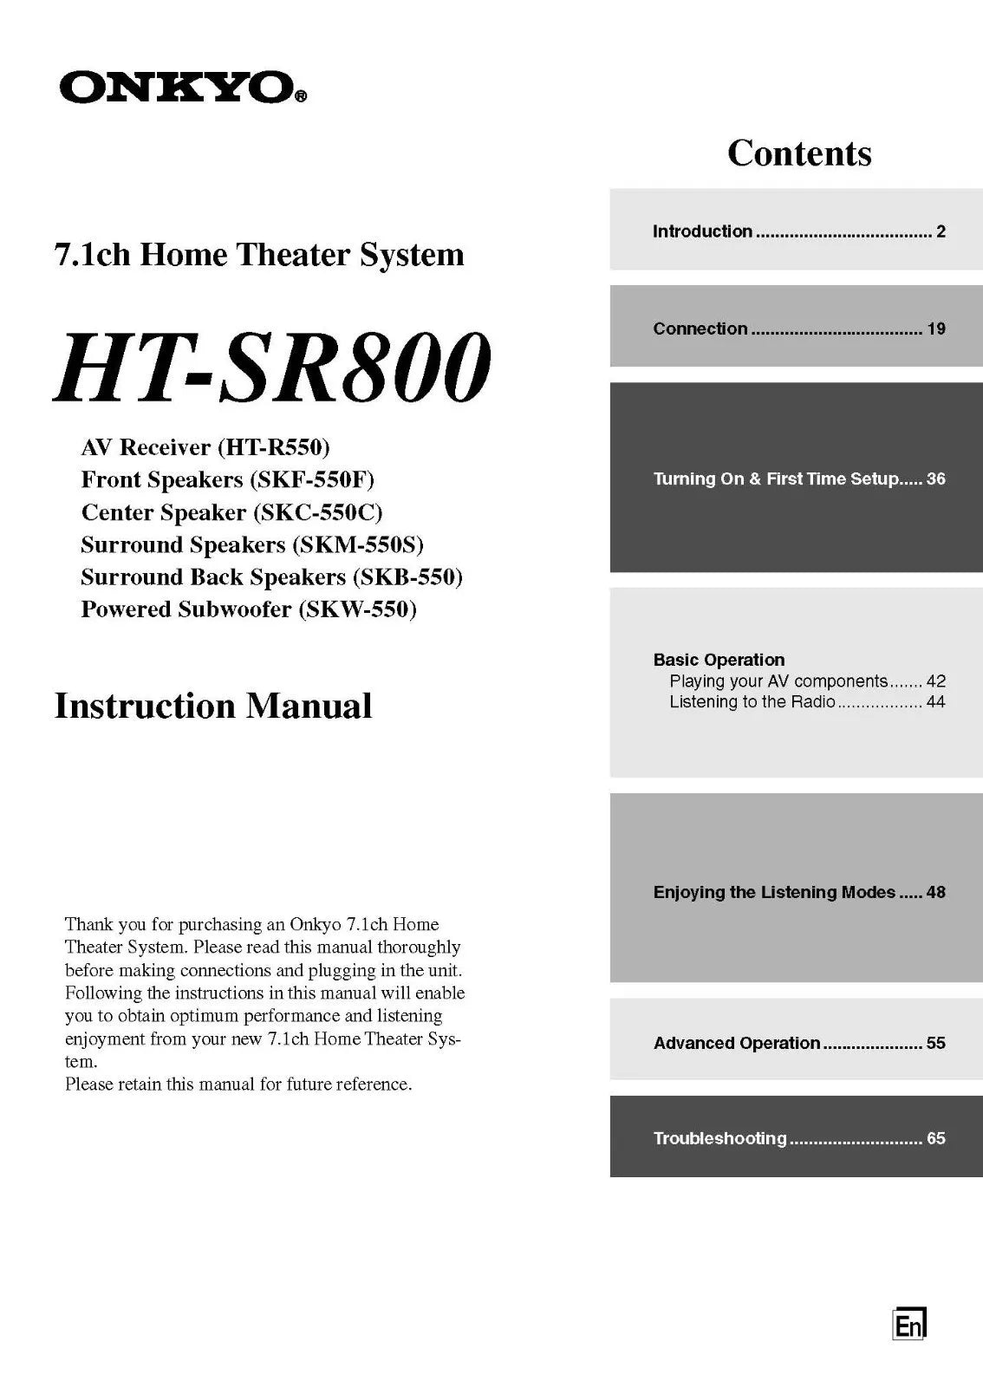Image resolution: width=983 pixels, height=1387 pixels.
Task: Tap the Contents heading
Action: (x=798, y=153)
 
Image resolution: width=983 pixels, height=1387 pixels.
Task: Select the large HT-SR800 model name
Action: (x=272, y=368)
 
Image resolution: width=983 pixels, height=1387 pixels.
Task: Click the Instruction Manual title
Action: (x=213, y=706)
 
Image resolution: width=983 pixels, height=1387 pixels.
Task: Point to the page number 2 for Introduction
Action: (x=941, y=231)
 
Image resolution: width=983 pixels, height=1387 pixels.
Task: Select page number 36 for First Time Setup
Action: (x=935, y=479)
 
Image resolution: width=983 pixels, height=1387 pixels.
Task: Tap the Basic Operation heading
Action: (x=719, y=660)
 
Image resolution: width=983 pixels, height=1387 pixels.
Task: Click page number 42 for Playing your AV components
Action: (x=935, y=681)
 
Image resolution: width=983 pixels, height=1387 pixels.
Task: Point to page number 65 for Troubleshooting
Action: (x=935, y=1138)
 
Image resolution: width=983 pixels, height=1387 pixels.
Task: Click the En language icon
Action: (x=909, y=1324)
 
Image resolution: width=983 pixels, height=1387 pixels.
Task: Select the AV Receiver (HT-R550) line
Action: (x=205, y=447)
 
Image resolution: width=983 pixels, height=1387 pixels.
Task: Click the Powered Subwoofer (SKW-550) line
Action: (x=249, y=609)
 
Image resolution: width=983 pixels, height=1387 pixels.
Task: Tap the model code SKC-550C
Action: (x=318, y=512)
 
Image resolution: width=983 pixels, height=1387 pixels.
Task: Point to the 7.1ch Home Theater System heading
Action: (x=259, y=255)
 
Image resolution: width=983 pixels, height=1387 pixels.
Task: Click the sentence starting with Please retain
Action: (x=238, y=1084)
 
